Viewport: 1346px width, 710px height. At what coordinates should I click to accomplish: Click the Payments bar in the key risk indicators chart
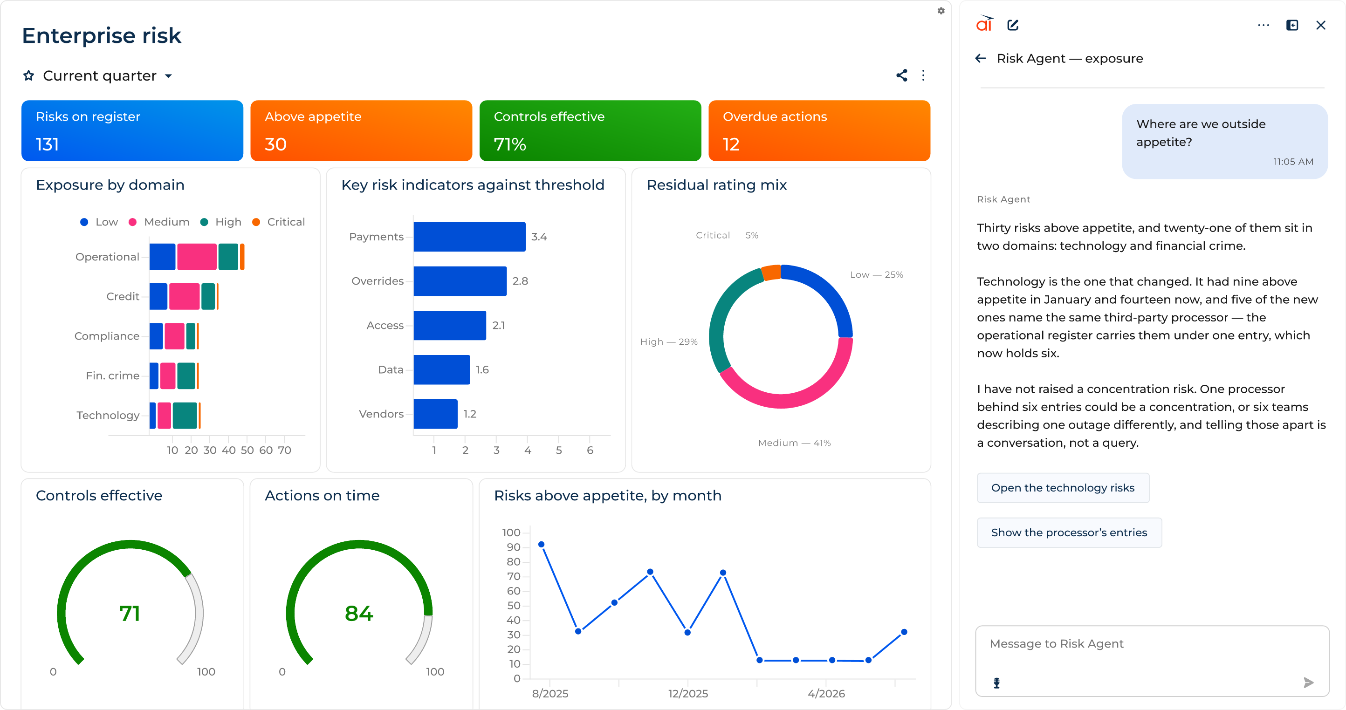pos(469,237)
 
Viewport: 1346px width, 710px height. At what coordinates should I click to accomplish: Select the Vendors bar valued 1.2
pos(435,414)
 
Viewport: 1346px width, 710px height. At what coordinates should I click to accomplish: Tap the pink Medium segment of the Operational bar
pos(197,257)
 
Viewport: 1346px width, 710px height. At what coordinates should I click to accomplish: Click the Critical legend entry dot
pos(256,222)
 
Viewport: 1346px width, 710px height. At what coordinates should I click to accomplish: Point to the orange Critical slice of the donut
pos(771,272)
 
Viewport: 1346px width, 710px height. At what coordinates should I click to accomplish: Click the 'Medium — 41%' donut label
pos(794,443)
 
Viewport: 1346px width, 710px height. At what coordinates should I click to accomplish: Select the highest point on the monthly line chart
pos(541,545)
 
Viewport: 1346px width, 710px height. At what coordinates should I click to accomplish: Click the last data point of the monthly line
pos(904,632)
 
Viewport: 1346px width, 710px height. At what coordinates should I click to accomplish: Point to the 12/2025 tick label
pos(687,693)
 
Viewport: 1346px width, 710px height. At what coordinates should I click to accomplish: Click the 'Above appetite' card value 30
pos(275,144)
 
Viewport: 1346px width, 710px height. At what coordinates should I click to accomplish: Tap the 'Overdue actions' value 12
pos(730,144)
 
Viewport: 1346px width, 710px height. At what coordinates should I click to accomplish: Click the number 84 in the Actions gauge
pos(359,614)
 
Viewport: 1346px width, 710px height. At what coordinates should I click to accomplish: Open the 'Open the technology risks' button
pos(1063,487)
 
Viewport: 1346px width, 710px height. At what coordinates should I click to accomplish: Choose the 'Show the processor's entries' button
pos(1069,532)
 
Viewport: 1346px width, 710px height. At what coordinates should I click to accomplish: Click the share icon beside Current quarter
pos(901,75)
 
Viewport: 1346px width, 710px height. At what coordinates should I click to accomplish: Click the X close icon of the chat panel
pos(1320,25)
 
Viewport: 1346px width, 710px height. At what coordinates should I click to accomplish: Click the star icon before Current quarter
pos(29,76)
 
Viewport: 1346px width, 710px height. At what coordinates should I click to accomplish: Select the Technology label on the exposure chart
pos(108,416)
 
